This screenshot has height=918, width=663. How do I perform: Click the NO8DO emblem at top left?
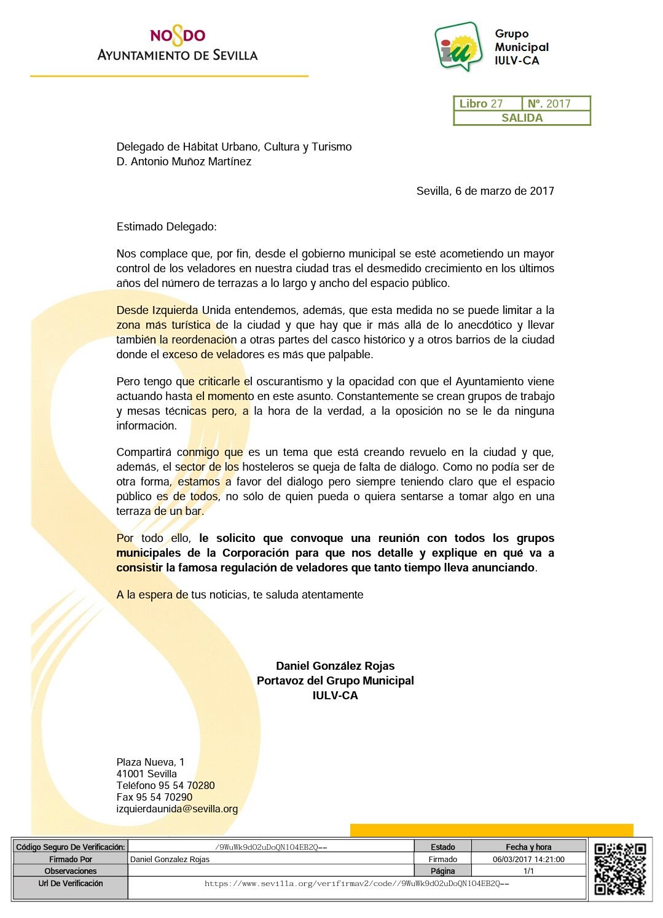(x=178, y=36)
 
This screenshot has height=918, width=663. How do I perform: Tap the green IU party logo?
(x=458, y=46)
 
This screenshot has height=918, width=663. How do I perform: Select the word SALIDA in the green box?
(x=522, y=118)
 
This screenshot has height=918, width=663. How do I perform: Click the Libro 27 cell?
(x=482, y=104)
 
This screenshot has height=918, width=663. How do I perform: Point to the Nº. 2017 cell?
(x=549, y=104)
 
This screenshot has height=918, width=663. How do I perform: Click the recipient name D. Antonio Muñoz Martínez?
(x=184, y=162)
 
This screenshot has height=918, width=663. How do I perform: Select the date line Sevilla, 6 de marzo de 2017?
(x=485, y=191)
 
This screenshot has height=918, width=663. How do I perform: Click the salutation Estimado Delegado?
(x=167, y=227)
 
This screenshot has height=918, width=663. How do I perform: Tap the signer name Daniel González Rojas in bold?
(x=335, y=665)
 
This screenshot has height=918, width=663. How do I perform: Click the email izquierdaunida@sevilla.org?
(x=177, y=809)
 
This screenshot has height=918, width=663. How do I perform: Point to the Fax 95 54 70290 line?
(x=154, y=797)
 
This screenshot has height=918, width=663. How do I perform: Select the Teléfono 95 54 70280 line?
(x=165, y=785)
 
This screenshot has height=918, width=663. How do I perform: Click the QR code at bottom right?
(x=620, y=869)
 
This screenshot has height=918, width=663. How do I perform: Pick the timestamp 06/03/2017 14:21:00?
(x=528, y=859)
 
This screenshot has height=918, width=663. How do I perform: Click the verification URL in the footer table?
(x=356, y=884)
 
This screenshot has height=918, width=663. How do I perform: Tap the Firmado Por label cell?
(x=71, y=859)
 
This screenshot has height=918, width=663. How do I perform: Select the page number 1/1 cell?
(x=528, y=871)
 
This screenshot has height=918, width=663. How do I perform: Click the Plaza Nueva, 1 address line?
(x=151, y=762)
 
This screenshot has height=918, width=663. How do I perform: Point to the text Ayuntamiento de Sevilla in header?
(x=178, y=55)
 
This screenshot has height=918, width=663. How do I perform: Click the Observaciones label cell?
(x=71, y=871)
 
